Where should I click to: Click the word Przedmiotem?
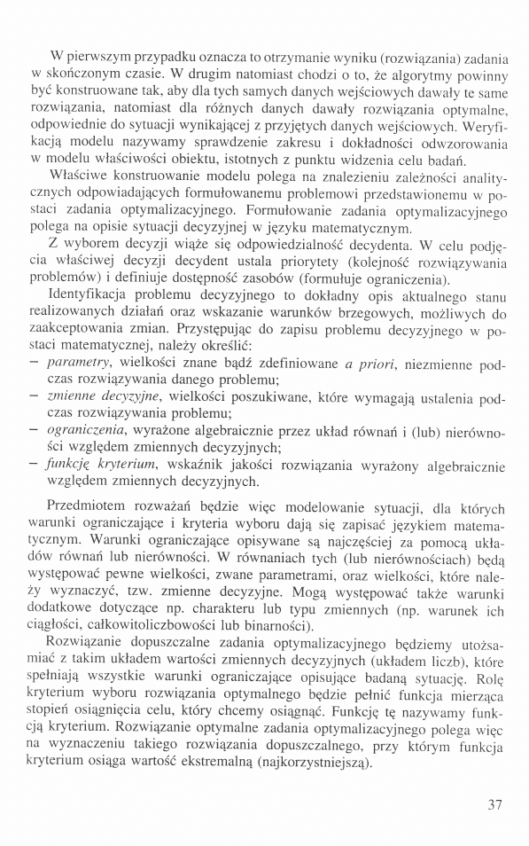click(x=91, y=507)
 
